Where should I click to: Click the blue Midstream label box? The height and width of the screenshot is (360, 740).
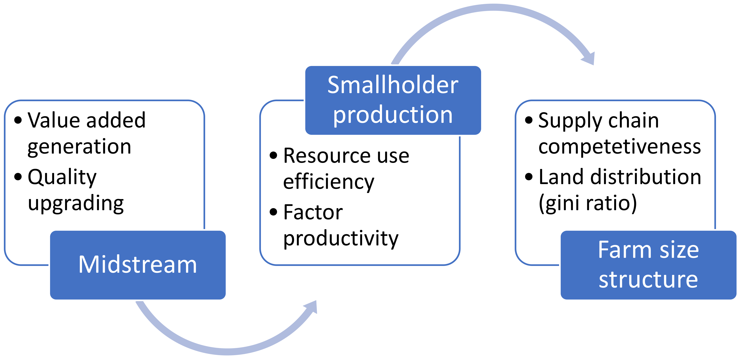pos(138,265)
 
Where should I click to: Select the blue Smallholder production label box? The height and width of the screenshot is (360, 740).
pos(393,100)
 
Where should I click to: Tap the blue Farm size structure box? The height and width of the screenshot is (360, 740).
pos(648,265)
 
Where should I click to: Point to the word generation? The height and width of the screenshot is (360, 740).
pos(79,147)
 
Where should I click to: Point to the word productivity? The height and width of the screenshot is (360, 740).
pos(341,238)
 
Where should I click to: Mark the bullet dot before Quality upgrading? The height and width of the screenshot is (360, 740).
pos(18,177)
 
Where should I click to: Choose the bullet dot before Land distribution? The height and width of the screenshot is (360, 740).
pos(529,177)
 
